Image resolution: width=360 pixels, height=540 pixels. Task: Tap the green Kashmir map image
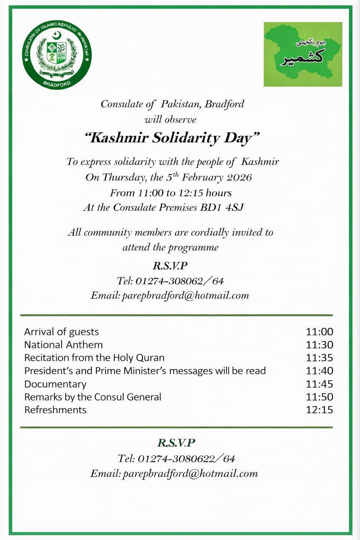pyautogui.click(x=303, y=54)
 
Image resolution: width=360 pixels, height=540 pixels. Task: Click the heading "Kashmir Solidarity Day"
pyautogui.click(x=172, y=137)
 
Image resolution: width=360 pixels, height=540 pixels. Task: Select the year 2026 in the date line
pyautogui.click(x=239, y=177)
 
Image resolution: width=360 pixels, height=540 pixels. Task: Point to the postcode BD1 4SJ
pyautogui.click(x=222, y=207)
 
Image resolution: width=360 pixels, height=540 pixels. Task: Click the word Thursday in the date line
pyautogui.click(x=124, y=177)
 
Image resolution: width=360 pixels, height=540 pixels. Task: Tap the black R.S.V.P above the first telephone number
pyautogui.click(x=170, y=265)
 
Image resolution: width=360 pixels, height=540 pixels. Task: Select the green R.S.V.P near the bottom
pyautogui.click(x=176, y=443)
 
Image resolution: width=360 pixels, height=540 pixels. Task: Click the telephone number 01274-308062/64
pyautogui.click(x=179, y=281)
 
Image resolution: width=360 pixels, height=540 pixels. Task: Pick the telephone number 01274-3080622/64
pyautogui.click(x=186, y=458)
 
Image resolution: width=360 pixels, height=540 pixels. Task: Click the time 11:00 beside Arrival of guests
pyautogui.click(x=319, y=332)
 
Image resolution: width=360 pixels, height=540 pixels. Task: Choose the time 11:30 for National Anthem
pyautogui.click(x=319, y=345)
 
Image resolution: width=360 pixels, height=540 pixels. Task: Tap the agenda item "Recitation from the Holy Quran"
pyautogui.click(x=94, y=358)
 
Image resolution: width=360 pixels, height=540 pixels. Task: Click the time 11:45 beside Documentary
pyautogui.click(x=319, y=384)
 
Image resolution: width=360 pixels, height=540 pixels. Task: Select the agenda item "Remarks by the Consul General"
pyautogui.click(x=93, y=397)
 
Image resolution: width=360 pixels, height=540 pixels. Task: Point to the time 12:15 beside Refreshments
pyautogui.click(x=319, y=410)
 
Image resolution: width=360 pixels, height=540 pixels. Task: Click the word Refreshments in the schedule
pyautogui.click(x=55, y=410)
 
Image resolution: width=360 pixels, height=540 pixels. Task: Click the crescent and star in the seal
pyautogui.click(x=57, y=35)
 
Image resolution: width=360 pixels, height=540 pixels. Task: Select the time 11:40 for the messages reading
pyautogui.click(x=319, y=371)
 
